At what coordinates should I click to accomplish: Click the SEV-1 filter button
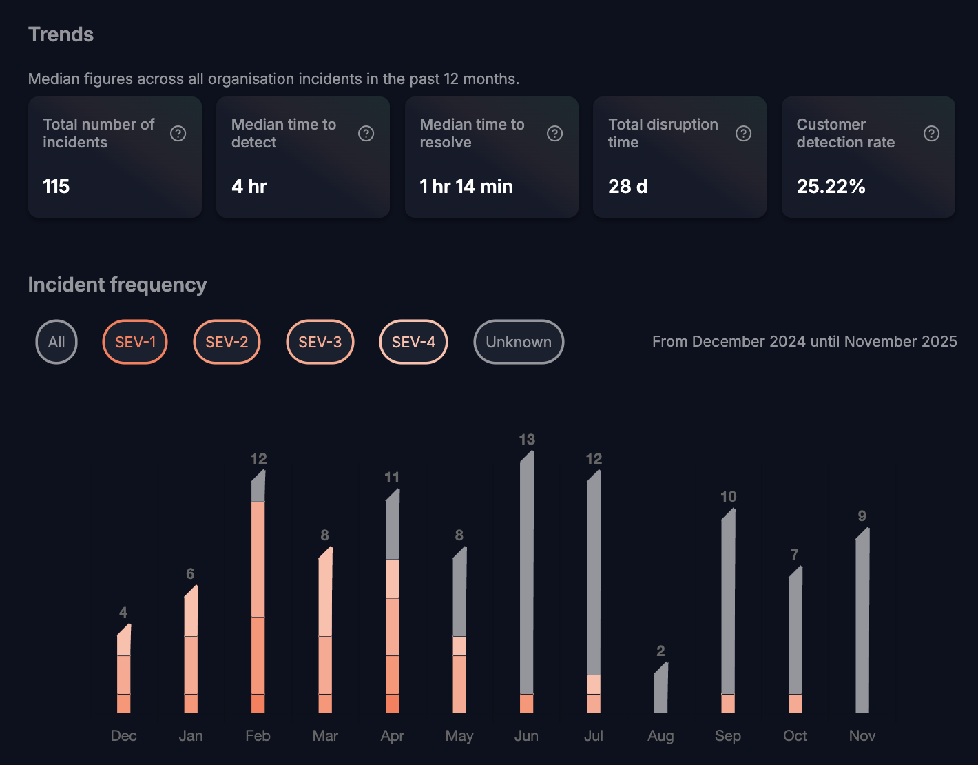pyautogui.click(x=135, y=342)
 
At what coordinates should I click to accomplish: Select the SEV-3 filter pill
pyautogui.click(x=320, y=342)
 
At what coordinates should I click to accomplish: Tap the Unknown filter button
pyautogui.click(x=519, y=342)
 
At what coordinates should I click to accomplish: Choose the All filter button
pyautogui.click(x=56, y=342)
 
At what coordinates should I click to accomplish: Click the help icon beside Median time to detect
pyautogui.click(x=366, y=134)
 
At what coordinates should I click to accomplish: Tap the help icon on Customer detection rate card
pyautogui.click(x=931, y=134)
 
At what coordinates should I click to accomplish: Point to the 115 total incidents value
pyautogui.click(x=56, y=187)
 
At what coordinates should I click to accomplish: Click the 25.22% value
pyautogui.click(x=831, y=187)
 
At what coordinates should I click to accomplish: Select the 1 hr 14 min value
pyautogui.click(x=466, y=187)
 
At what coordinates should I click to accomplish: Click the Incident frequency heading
pyautogui.click(x=117, y=285)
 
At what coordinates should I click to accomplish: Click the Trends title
pyautogui.click(x=61, y=34)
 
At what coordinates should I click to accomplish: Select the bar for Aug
pyautogui.click(x=660, y=689)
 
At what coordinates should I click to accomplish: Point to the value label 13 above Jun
pyautogui.click(x=527, y=440)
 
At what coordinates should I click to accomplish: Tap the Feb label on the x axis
pyautogui.click(x=258, y=736)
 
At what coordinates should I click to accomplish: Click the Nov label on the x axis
pyautogui.click(x=862, y=736)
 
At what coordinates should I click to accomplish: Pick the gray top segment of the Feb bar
pyautogui.click(x=258, y=489)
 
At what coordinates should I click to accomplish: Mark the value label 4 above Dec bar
pyautogui.click(x=123, y=613)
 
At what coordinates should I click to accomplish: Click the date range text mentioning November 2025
pyautogui.click(x=804, y=342)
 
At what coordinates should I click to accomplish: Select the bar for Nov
pyautogui.click(x=862, y=624)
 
